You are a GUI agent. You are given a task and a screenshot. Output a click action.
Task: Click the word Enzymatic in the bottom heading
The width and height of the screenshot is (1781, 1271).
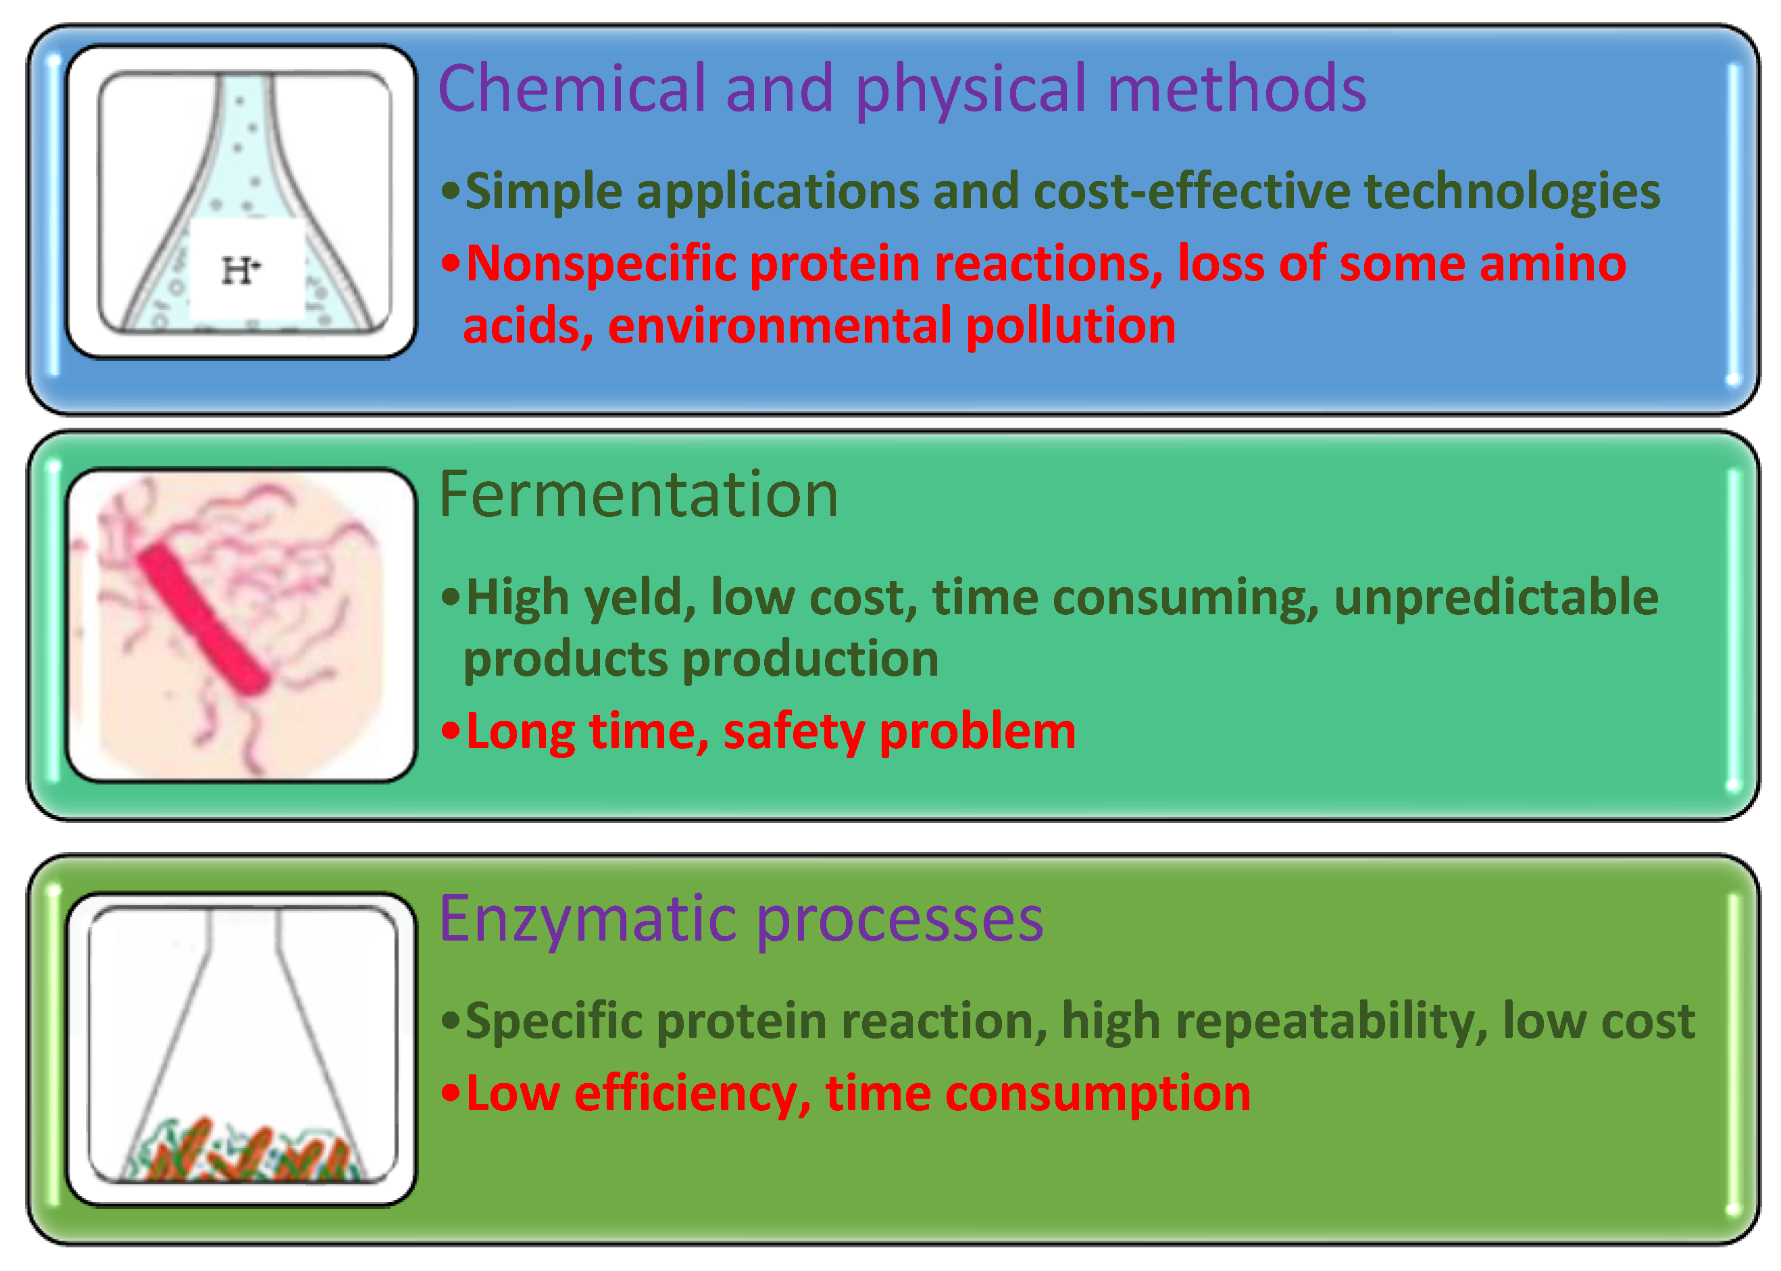tap(587, 919)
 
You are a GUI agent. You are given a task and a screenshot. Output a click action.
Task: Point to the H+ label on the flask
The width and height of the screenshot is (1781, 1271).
tap(241, 271)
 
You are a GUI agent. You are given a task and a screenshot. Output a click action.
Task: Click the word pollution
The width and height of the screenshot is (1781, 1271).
tap(1070, 326)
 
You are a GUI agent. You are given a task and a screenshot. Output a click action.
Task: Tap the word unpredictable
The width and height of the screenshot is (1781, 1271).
tap(1495, 599)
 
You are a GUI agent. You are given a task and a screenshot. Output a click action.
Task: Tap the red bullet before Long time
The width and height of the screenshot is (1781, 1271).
tap(450, 731)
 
